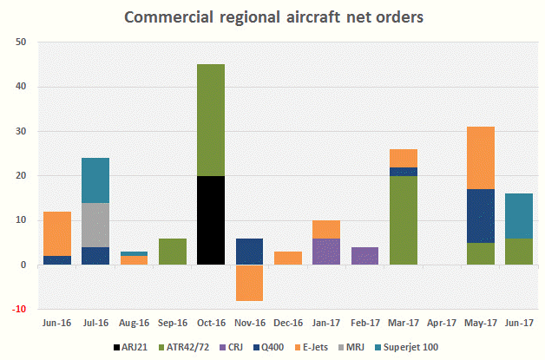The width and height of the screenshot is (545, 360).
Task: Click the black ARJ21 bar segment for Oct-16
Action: click(x=211, y=220)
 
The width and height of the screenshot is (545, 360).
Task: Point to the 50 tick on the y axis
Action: click(x=22, y=43)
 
